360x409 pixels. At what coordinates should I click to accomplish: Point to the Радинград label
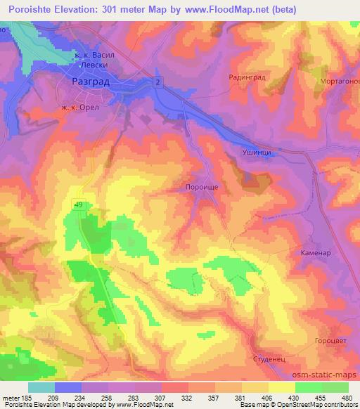(247, 78)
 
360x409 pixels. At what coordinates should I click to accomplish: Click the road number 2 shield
(157, 83)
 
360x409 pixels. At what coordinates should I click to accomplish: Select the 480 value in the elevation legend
(345, 398)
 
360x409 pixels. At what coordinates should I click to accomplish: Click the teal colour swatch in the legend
(41, 387)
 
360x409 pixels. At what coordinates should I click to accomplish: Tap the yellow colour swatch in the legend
(280, 387)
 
